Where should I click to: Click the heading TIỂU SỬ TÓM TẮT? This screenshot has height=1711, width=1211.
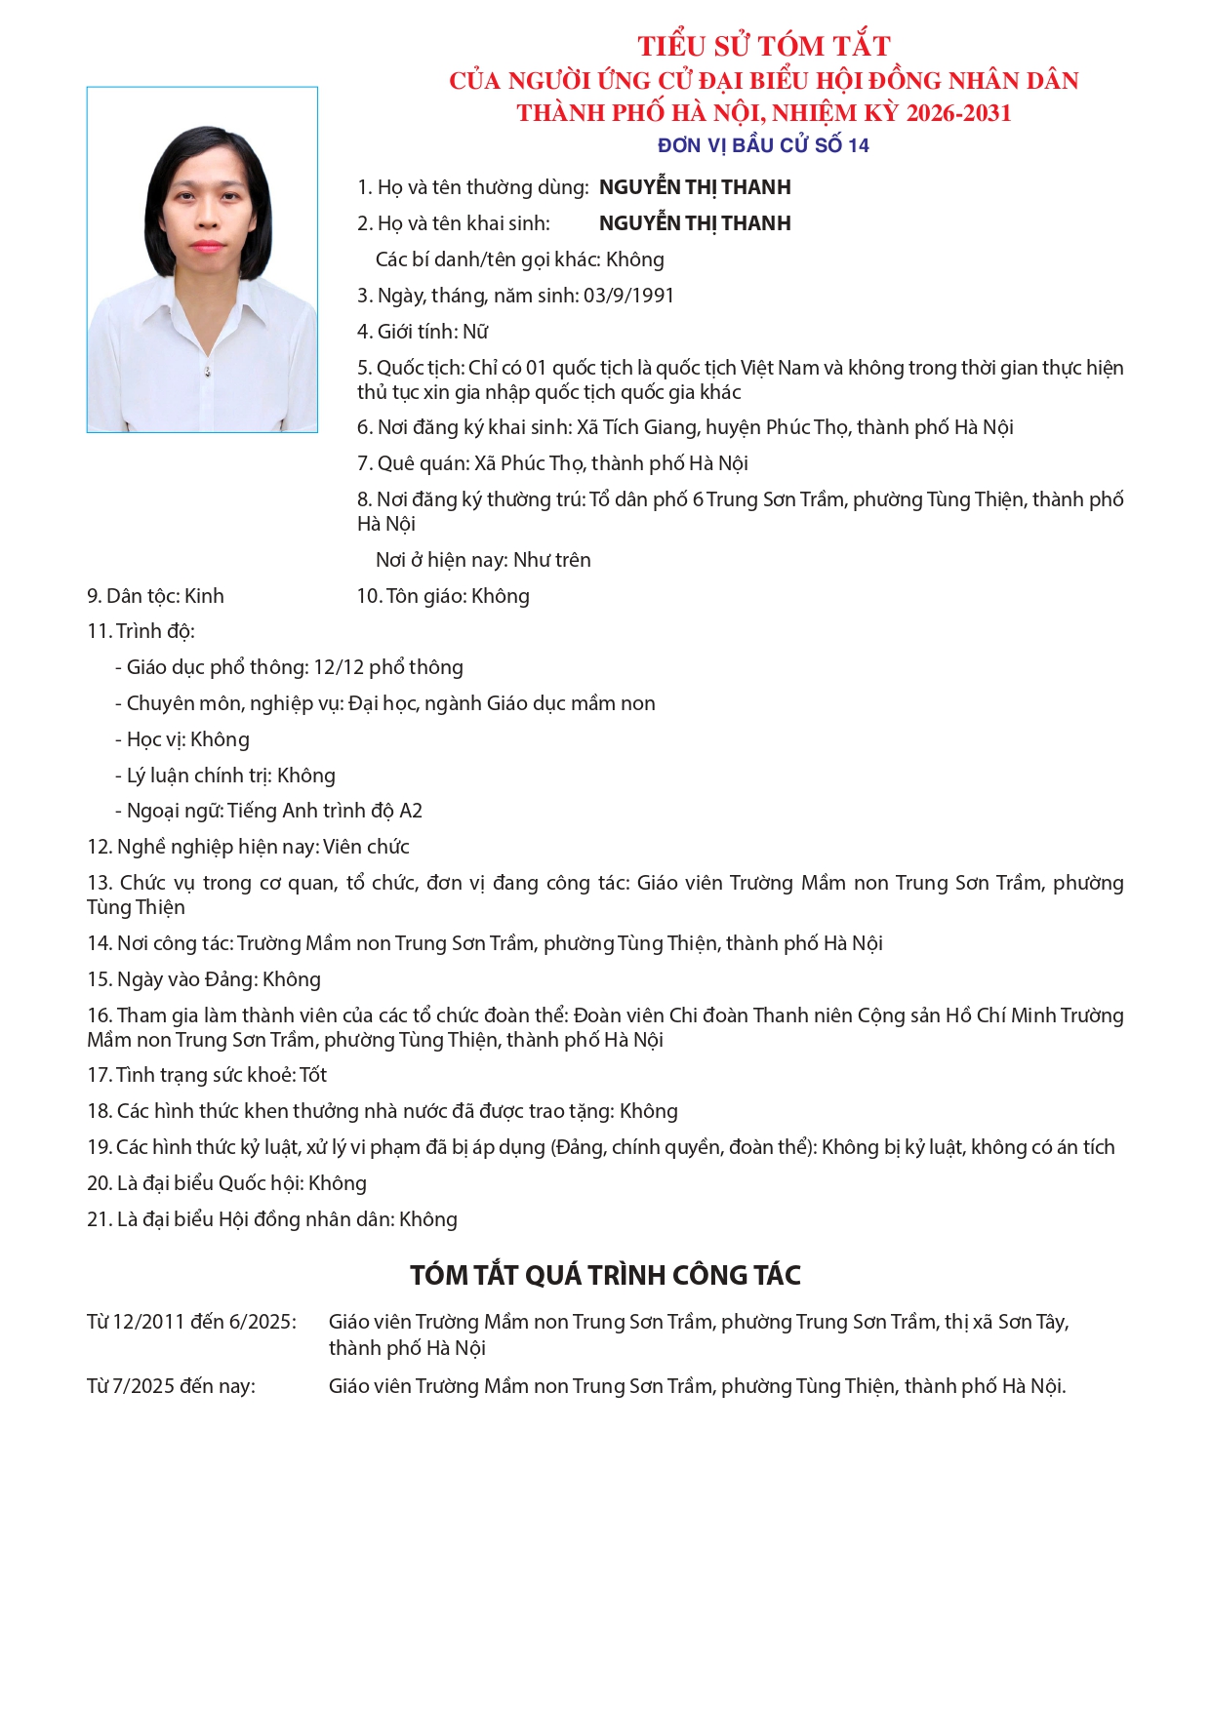(x=763, y=46)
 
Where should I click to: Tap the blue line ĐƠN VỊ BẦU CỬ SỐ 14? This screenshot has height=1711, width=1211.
(x=763, y=145)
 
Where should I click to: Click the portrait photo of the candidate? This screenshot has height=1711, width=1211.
(x=202, y=259)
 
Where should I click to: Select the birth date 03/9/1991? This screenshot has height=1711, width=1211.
(x=628, y=296)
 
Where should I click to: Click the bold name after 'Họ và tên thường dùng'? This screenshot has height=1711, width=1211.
(x=695, y=187)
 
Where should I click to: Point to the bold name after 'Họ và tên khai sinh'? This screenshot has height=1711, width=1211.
(x=695, y=223)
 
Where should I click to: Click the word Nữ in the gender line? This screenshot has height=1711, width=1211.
(x=475, y=332)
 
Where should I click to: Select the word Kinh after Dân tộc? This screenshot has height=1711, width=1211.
(x=204, y=596)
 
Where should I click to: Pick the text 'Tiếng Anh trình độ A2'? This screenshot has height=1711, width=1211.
(x=325, y=811)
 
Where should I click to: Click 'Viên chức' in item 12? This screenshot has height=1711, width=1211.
(x=366, y=847)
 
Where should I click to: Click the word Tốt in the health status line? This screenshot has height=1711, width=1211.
(x=313, y=1075)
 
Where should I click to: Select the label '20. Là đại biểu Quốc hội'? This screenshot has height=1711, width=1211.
(x=194, y=1183)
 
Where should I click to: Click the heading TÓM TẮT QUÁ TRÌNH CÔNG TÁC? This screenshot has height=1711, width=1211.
(x=605, y=1275)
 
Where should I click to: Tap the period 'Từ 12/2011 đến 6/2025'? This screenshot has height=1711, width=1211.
(x=191, y=1322)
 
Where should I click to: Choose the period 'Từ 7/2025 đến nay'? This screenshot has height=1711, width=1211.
(x=171, y=1386)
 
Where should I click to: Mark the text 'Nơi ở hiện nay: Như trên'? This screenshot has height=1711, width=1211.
(x=483, y=560)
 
